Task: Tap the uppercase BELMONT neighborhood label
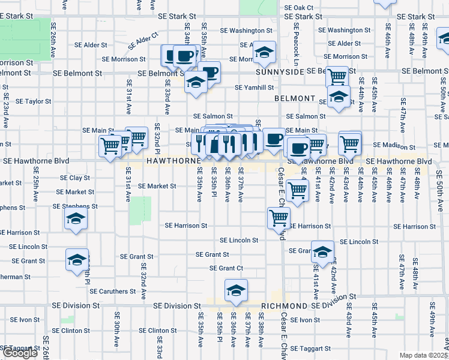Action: pyautogui.click(x=295, y=98)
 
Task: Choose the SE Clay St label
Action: pyautogui.click(x=75, y=178)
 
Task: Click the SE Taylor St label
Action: pyautogui.click(x=34, y=101)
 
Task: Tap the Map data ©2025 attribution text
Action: pyautogui.click(x=424, y=355)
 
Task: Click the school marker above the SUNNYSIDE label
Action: pyautogui.click(x=264, y=52)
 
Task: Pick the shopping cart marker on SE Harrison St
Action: pyautogui.click(x=279, y=218)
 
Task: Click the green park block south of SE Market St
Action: pyautogui.click(x=140, y=209)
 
